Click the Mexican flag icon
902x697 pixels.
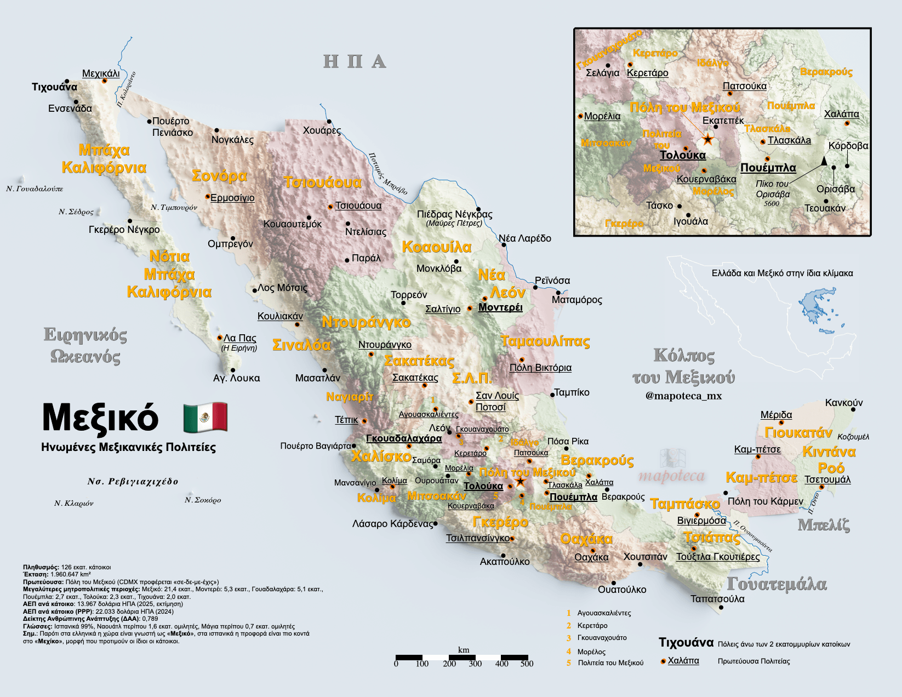(x=205, y=418)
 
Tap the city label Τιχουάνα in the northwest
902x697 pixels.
(x=54, y=87)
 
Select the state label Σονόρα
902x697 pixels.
(x=219, y=176)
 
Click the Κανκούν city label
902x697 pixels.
(x=843, y=403)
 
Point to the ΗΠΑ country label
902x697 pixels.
(x=355, y=61)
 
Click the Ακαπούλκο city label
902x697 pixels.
(x=504, y=562)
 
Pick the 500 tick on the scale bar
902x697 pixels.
(x=527, y=664)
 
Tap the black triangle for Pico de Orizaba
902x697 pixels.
(x=824, y=161)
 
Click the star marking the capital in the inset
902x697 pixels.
(x=707, y=139)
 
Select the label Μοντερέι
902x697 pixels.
(x=500, y=307)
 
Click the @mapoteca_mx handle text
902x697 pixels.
(x=683, y=396)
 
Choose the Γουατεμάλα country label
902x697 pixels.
(x=777, y=584)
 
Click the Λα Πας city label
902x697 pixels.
(x=239, y=338)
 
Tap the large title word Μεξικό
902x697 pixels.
(x=100, y=419)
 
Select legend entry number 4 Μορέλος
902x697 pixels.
(x=591, y=652)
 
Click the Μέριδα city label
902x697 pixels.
(x=776, y=415)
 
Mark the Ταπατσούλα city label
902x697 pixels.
(x=717, y=599)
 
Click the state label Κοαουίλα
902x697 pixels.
(x=436, y=247)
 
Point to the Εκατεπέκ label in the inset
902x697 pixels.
(x=723, y=121)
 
